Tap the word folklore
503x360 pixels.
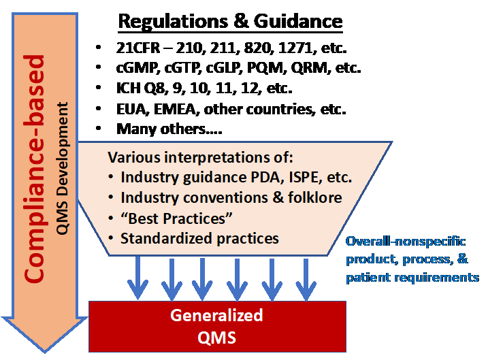311,199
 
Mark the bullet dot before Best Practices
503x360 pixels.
111,219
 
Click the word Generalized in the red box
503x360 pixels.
216,316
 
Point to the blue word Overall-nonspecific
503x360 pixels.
401,242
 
